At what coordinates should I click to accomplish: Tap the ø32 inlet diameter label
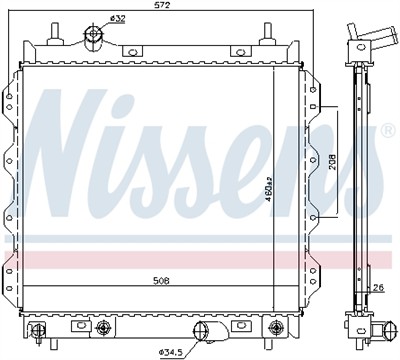coord(117,18)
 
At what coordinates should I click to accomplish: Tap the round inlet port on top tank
coord(94,36)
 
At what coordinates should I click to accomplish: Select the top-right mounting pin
coord(269,37)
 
